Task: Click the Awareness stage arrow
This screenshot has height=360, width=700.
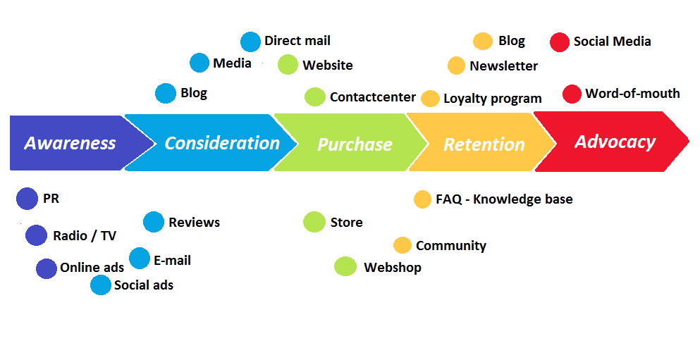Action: pos(70,143)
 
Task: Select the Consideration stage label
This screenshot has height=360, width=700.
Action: pos(222,143)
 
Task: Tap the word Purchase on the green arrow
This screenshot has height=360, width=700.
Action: pos(355,144)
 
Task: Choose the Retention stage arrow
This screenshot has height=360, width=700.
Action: pos(484,144)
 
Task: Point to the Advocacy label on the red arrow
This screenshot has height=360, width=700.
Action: pos(615,142)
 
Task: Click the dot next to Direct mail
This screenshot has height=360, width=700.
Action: pos(250,42)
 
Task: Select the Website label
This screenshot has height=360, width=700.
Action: pos(327,66)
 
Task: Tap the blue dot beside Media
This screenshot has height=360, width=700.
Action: pos(199,63)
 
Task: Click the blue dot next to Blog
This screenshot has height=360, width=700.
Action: pos(166,93)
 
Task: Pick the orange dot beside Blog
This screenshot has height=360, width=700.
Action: pos(483,41)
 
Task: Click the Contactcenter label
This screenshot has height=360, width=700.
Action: pos(372,97)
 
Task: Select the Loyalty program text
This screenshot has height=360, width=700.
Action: pos(492,99)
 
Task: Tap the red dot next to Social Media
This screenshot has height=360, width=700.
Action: pos(560,42)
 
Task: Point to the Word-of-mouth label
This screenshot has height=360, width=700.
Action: pos(632,93)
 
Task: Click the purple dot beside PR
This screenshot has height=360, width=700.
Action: pos(27,199)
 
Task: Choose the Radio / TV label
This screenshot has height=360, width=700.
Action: pos(85,236)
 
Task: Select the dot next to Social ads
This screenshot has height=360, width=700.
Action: pos(101,285)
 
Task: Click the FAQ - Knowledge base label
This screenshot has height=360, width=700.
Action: pos(504,199)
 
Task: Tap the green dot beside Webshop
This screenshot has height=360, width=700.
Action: pos(345,266)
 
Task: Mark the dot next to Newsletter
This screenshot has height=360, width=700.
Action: pos(456,66)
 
